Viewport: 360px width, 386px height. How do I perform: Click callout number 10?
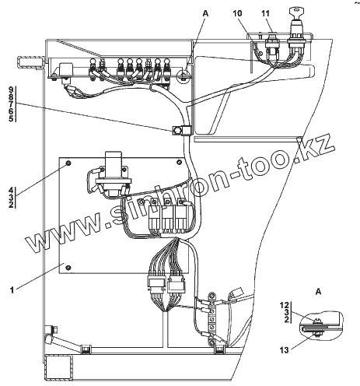(237, 13)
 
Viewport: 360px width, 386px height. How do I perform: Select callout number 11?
(265, 13)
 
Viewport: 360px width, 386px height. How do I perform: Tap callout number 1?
(12, 289)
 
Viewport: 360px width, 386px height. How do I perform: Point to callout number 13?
(284, 350)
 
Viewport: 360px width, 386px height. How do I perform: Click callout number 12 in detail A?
(285, 305)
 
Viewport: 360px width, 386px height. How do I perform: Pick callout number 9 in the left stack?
(11, 90)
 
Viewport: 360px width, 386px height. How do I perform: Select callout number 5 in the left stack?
(11, 119)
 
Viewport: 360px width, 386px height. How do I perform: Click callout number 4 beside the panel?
(11, 190)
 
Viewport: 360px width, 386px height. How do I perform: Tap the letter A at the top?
(205, 13)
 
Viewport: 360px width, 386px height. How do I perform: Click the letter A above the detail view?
(318, 292)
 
